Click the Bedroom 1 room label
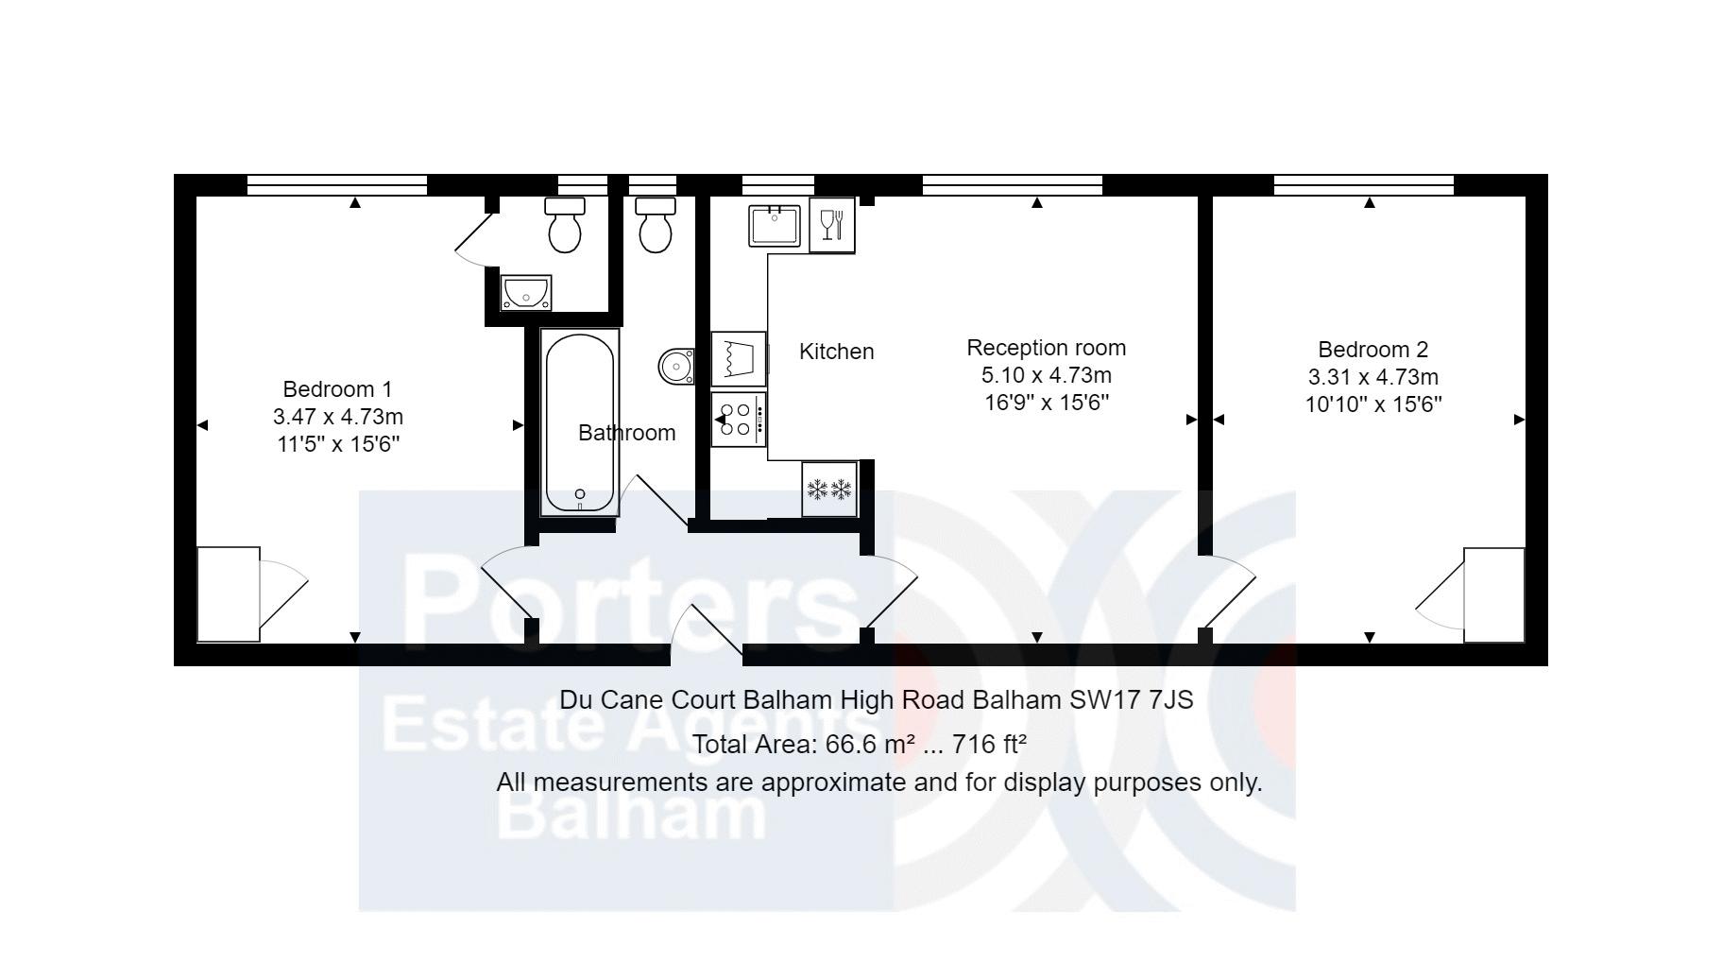point(337,389)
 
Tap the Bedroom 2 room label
point(1372,350)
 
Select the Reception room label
point(1046,348)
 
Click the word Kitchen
point(836,352)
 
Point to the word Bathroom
point(626,433)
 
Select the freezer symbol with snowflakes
point(828,490)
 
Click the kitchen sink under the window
point(775,226)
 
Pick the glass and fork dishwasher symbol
point(831,225)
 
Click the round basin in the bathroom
point(676,366)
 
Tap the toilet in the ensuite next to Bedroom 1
point(565,226)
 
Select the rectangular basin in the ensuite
point(526,292)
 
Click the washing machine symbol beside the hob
point(738,358)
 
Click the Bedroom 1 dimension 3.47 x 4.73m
point(337,417)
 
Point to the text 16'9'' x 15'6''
point(1046,403)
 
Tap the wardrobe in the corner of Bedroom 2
point(1493,594)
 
